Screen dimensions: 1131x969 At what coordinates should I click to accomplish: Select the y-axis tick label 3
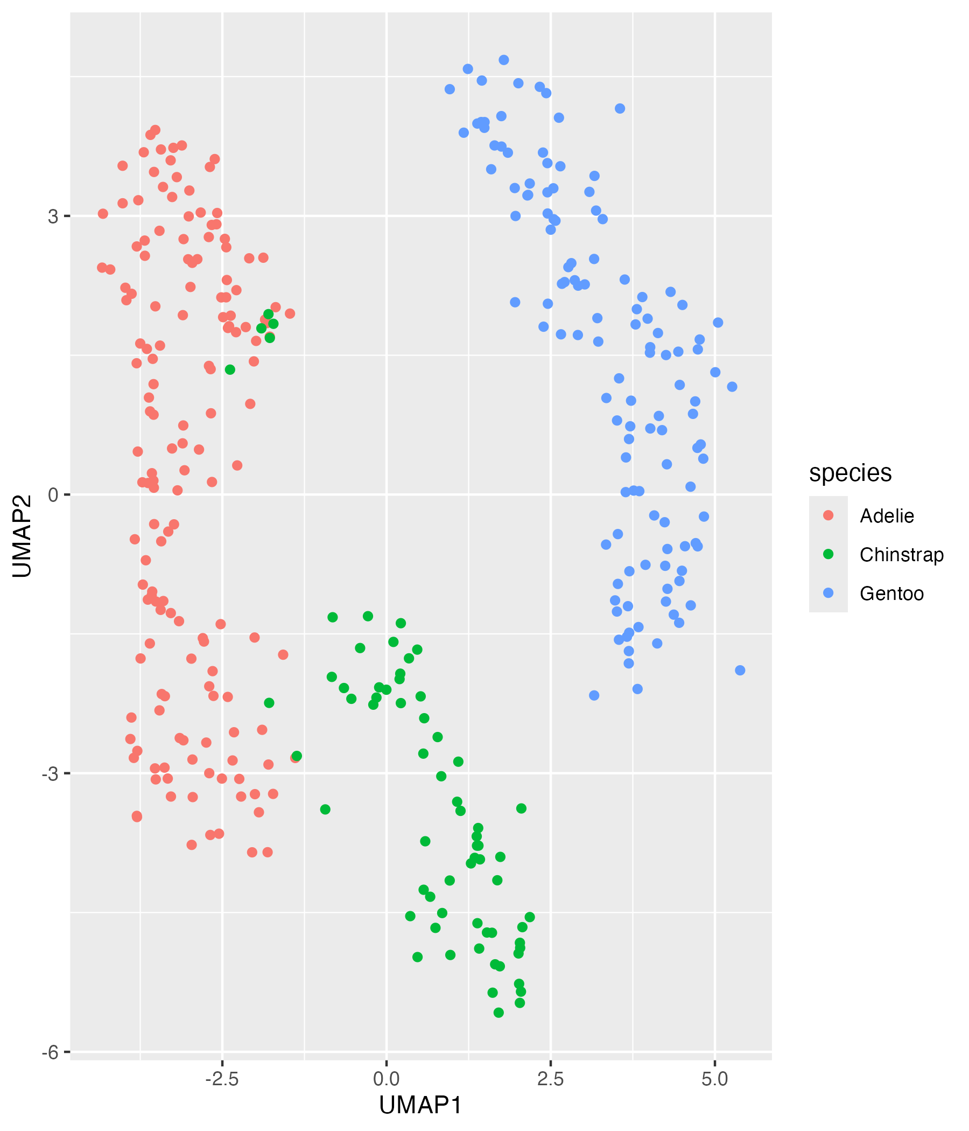pos(53,217)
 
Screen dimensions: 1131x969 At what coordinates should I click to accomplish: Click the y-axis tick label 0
pos(53,495)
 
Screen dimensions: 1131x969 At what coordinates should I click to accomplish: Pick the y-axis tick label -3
pos(49,774)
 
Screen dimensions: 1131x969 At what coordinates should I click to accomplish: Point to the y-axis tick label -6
pos(49,1052)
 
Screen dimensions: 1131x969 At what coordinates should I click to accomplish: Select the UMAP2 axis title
pos(23,535)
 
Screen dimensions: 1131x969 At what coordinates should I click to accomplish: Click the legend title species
pos(850,473)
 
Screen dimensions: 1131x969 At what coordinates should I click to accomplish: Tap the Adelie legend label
pos(887,516)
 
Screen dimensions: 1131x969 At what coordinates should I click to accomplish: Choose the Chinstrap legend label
pos(901,555)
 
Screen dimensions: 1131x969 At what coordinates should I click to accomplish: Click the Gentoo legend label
pos(891,594)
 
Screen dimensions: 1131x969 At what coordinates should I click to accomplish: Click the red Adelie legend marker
pos(828,516)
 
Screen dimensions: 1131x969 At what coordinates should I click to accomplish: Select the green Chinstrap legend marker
pos(828,555)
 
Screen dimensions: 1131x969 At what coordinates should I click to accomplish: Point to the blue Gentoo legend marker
pos(828,594)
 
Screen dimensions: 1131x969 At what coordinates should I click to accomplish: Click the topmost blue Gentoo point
pos(503,60)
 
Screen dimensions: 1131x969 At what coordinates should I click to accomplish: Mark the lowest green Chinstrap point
pos(498,1013)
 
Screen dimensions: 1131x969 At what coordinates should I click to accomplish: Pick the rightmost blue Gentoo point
pos(740,671)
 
